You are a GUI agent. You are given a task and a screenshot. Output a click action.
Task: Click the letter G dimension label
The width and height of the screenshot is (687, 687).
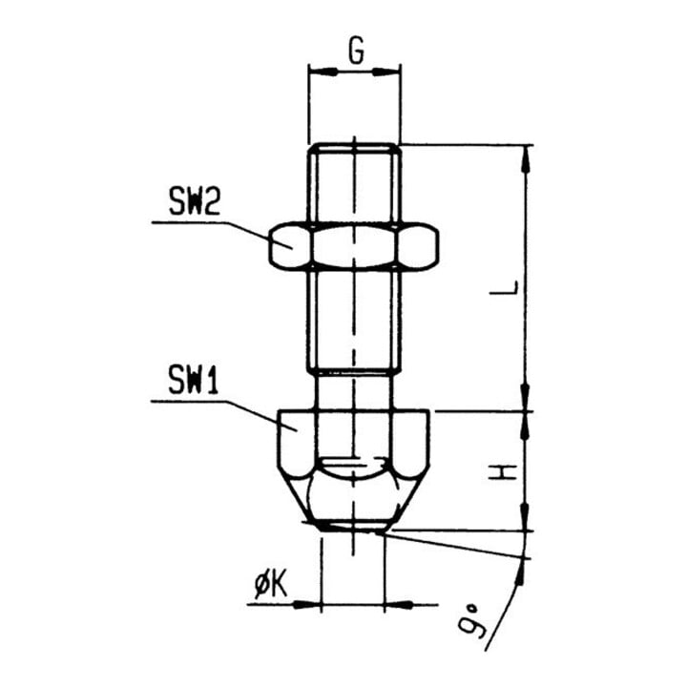356,51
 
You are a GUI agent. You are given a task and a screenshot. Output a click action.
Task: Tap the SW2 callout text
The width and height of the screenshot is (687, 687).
195,201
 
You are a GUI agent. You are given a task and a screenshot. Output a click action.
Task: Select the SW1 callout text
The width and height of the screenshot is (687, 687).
193,381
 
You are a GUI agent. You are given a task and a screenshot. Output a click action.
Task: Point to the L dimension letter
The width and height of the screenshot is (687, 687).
504,287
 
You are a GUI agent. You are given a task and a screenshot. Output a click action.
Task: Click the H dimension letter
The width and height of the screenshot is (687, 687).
504,472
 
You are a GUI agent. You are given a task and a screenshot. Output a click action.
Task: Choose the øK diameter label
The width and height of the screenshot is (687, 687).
271,586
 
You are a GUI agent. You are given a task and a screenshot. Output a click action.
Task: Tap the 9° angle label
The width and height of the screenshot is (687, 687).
470,621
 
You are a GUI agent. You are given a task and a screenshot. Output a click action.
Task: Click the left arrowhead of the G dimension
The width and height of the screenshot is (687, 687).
323,72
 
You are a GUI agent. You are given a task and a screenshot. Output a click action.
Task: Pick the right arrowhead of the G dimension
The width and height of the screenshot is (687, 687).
386,72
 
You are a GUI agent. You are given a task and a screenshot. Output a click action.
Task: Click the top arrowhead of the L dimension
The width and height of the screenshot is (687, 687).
527,159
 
